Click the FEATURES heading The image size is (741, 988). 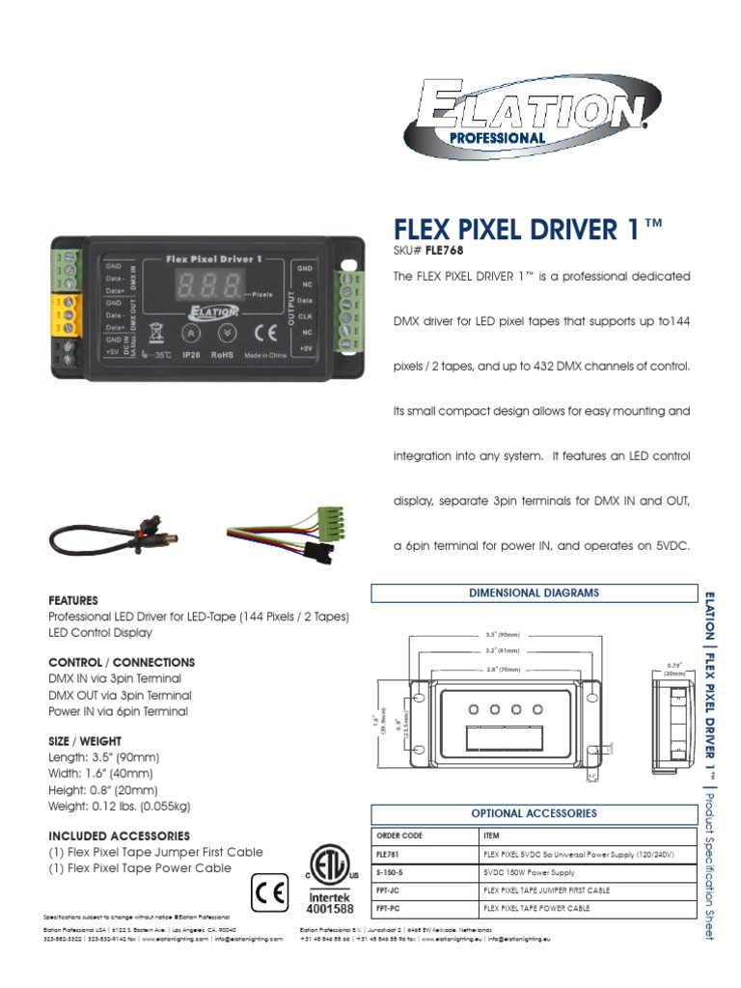click(73, 600)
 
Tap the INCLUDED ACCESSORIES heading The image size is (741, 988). click(119, 836)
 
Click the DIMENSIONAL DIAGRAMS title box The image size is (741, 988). click(534, 592)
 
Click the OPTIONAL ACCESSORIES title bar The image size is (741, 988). click(534, 813)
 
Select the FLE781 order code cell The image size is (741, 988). click(425, 855)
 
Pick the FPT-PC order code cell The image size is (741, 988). click(425, 908)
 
